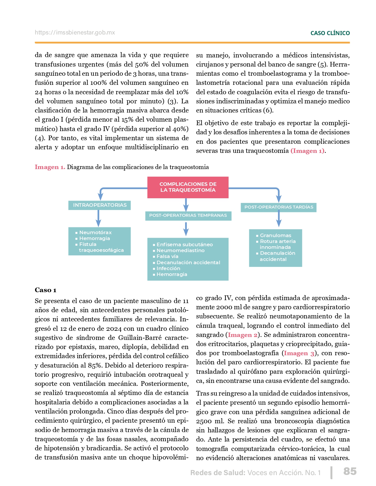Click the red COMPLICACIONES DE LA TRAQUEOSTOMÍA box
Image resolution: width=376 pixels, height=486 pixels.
coord(188,187)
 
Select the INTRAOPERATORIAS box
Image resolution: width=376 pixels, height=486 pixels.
coord(100,205)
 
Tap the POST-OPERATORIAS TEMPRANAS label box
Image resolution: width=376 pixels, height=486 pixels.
coord(188,215)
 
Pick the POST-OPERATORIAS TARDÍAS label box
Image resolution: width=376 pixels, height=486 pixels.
coord(279,207)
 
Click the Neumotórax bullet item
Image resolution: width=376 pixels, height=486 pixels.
coord(95,232)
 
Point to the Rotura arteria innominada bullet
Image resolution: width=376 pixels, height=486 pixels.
coord(277,244)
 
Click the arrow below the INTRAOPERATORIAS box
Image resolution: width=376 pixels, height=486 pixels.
coord(98,218)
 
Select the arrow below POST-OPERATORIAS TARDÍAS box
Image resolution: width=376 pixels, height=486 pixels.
coord(279,219)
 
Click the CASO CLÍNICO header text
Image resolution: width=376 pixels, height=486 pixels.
coord(330,33)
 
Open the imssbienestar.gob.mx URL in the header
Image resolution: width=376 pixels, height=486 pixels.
coord(75,32)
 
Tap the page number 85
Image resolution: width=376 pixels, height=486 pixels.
coord(350,471)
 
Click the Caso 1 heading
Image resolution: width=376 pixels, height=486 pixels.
coord(45,290)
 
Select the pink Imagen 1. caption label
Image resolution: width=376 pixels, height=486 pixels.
coord(50,167)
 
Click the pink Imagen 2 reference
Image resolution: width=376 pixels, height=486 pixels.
coord(243,335)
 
